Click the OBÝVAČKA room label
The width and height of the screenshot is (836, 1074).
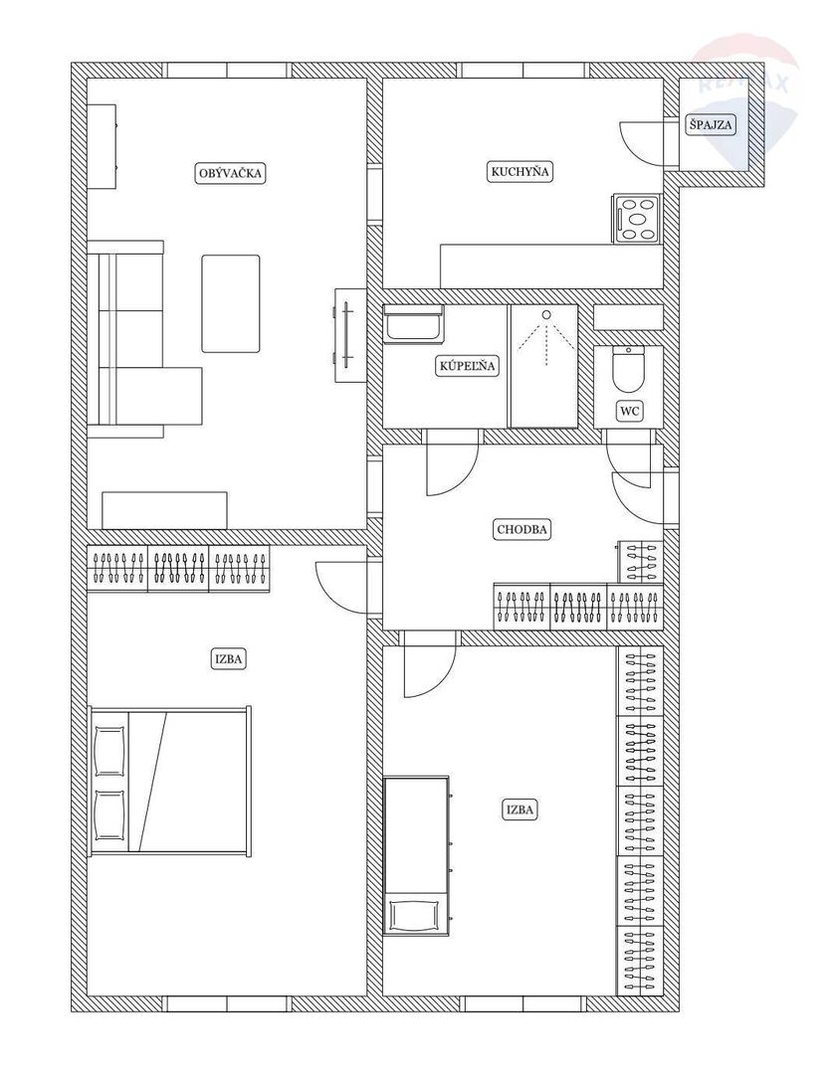(230, 173)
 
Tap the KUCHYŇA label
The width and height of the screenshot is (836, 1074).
(521, 171)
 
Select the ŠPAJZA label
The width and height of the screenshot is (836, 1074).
(711, 124)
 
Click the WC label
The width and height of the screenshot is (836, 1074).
(629, 411)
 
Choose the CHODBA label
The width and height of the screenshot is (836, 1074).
(522, 529)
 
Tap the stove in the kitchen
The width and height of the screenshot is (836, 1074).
(637, 219)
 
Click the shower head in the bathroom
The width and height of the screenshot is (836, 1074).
(546, 314)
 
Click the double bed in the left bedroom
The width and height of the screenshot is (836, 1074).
(170, 781)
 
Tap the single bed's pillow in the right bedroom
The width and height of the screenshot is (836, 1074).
(416, 915)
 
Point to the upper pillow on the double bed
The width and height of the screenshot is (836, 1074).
(109, 752)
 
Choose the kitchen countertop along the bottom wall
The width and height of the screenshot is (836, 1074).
(551, 266)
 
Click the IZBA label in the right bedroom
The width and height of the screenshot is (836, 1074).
(521, 810)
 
